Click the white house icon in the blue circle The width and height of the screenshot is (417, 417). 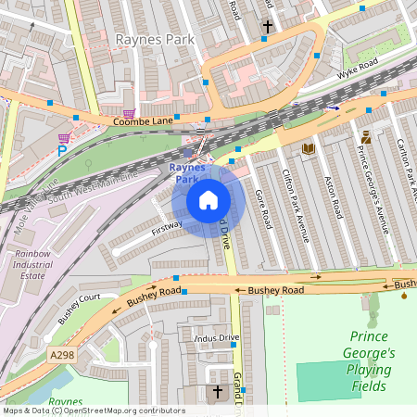208,200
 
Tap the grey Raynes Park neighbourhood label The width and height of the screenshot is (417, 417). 149,40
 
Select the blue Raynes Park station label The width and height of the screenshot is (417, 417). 190,173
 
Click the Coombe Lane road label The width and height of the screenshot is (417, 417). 144,121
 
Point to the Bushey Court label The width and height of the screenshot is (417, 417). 78,308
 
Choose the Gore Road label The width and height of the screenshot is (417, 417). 264,209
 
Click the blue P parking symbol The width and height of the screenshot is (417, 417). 62,150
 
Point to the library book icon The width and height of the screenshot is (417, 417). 308,148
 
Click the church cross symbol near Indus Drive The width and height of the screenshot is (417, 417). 219,392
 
